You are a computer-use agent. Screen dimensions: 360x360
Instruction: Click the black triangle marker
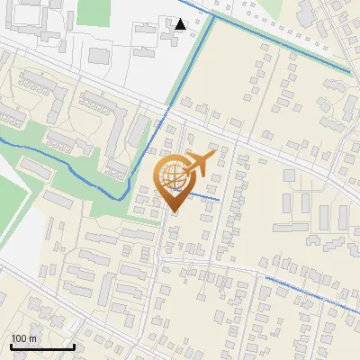[x=182, y=24]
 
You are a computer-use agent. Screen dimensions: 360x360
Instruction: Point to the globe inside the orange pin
[x=173, y=175]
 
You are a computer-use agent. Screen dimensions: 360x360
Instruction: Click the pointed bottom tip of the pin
[x=175, y=211]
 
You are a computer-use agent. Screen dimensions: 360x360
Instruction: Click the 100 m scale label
[x=24, y=337]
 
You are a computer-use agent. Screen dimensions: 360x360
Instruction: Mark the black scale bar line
[x=41, y=346]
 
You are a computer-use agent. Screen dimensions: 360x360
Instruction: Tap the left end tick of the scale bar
[x=10, y=345]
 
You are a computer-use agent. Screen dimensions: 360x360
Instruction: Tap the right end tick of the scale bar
[x=74, y=345]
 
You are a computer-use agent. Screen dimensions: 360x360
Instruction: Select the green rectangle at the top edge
[x=92, y=12]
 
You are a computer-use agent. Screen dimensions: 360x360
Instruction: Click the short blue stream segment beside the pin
[x=205, y=198]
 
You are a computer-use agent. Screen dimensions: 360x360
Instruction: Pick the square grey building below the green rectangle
[x=98, y=54]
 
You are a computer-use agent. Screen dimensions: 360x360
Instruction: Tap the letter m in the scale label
[x=33, y=337]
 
